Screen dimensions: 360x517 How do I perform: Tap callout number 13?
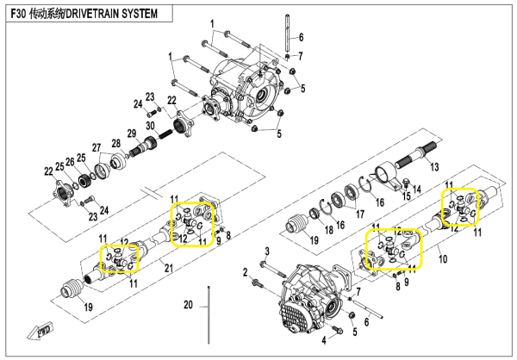[x=434, y=166]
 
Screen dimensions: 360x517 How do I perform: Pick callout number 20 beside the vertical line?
[x=190, y=305]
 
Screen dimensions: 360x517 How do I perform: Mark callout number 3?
[x=266, y=250]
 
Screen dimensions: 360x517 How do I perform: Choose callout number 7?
[x=300, y=56]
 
